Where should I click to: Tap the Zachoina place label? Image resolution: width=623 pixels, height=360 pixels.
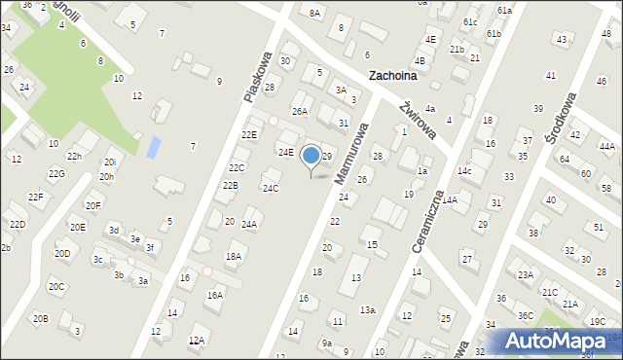point(392,75)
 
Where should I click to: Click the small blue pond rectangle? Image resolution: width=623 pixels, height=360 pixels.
point(153,148)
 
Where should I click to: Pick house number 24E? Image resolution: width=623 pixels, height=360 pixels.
point(285,152)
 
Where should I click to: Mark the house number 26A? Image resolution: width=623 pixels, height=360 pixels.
point(300,112)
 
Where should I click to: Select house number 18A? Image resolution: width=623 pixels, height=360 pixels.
point(234,257)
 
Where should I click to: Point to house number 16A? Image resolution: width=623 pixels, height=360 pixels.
point(215,294)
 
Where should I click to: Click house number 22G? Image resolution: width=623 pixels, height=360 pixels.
point(56,173)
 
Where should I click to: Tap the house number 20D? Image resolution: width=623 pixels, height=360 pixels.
point(62,254)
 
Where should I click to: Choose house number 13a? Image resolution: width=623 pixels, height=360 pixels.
point(367,309)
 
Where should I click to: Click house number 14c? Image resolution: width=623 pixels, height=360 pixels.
point(465,171)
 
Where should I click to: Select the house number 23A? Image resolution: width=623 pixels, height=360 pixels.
point(526,274)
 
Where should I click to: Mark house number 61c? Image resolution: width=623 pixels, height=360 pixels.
point(471,21)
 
